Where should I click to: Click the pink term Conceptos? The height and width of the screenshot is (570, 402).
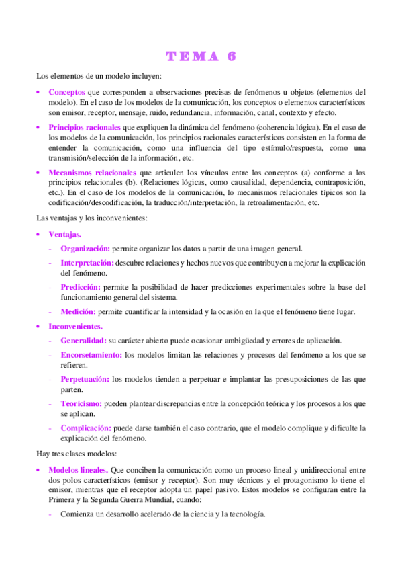click(66, 91)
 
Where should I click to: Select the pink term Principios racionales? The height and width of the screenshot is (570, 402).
click(85, 127)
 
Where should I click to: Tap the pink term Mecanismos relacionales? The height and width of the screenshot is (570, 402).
click(92, 173)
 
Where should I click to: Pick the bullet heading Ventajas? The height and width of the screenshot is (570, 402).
click(65, 234)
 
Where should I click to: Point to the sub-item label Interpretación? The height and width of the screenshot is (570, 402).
click(87, 263)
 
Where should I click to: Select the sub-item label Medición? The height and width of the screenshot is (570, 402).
click(78, 311)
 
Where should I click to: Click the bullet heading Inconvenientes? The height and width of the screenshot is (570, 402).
click(75, 326)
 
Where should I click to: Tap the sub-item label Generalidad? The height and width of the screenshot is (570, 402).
click(83, 340)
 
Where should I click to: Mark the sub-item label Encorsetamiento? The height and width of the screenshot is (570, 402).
click(91, 354)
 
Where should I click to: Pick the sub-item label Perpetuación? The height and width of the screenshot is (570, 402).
click(85, 379)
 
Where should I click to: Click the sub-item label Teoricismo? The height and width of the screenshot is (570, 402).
click(81, 403)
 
